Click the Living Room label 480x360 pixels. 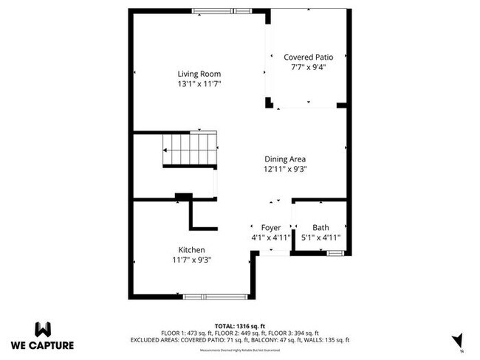(x=199, y=74)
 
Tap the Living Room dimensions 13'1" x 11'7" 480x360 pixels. (x=199, y=84)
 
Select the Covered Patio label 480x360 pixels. (x=309, y=57)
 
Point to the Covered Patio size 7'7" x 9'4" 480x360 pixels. (x=309, y=67)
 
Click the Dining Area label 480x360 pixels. (x=285, y=159)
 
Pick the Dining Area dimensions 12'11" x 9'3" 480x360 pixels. (x=285, y=169)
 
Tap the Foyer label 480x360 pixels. (x=271, y=227)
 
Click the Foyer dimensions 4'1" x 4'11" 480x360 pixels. (x=271, y=238)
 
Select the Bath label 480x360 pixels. (x=320, y=227)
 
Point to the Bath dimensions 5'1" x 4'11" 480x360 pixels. (x=320, y=238)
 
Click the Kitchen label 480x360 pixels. (x=191, y=250)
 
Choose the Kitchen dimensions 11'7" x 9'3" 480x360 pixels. (x=191, y=260)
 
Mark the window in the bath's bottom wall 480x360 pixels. (x=335, y=253)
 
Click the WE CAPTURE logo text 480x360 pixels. (x=43, y=345)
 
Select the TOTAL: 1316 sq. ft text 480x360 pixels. (x=239, y=325)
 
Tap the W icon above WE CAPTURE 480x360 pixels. (x=43, y=328)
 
